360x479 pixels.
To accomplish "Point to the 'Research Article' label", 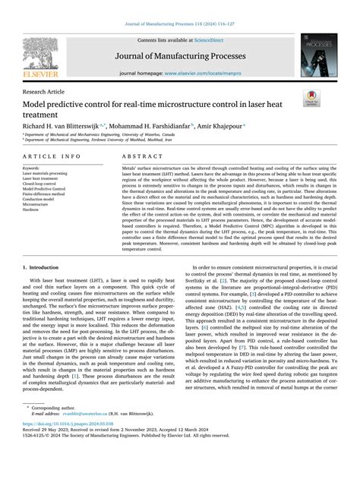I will (46, 90).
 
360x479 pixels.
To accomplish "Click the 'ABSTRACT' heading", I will (138, 156).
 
